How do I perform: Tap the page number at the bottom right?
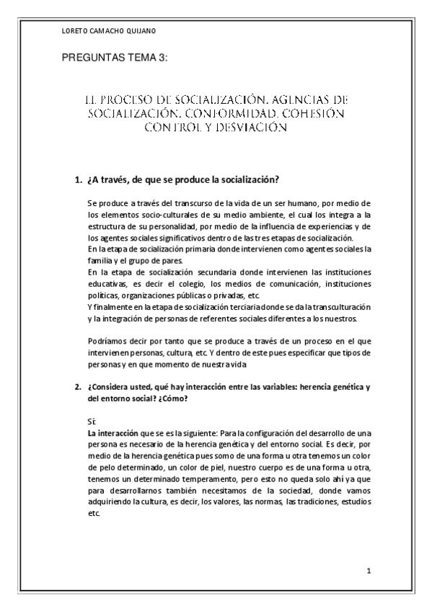coord(369,571)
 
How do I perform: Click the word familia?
coord(99,260)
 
